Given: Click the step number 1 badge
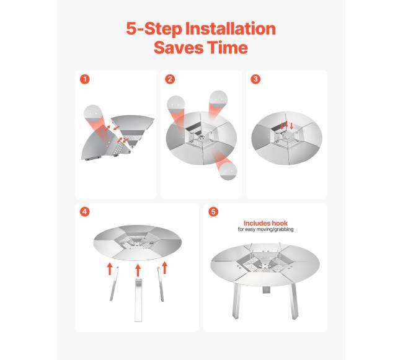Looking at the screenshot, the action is (x=85, y=79).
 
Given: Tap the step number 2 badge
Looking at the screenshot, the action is (x=170, y=79).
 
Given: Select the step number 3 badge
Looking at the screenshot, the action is (x=255, y=79).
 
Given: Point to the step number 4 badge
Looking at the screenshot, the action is (x=85, y=212).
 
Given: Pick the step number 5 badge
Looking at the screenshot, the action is (x=213, y=212).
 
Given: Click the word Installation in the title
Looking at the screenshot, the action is (x=230, y=29).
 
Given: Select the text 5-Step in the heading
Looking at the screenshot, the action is (x=154, y=29).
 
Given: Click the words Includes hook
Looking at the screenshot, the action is (x=265, y=223).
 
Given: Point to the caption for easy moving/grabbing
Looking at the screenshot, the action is (x=265, y=229).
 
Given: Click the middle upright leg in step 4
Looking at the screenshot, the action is (x=138, y=300).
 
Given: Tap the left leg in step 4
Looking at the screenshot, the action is (x=114, y=284).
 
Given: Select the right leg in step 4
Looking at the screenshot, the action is (x=161, y=284).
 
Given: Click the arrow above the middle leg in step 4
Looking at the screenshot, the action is (x=138, y=270).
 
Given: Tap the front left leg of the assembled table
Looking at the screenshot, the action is (x=236, y=301).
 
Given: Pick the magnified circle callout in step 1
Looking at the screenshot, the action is (x=93, y=114).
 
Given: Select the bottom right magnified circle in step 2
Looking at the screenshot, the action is (x=229, y=171).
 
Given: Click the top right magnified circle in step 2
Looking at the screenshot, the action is (x=218, y=99).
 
